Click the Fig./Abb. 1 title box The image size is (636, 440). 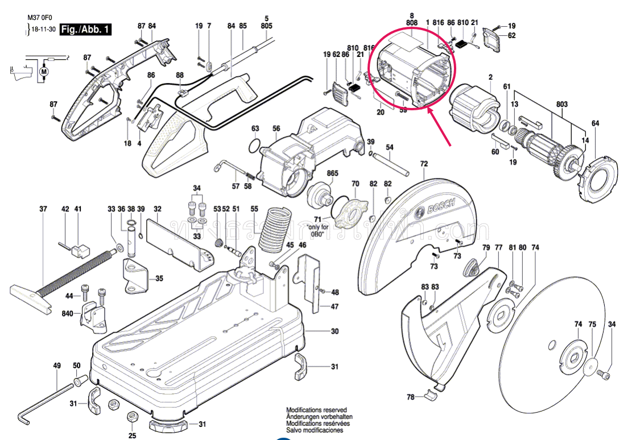(85, 29)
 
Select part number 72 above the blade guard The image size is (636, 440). (424, 164)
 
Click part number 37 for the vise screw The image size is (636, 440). (43, 209)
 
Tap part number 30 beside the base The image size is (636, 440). (334, 331)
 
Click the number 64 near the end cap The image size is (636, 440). (595, 123)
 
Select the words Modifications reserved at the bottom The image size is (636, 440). (316, 410)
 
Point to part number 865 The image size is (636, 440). (332, 173)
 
